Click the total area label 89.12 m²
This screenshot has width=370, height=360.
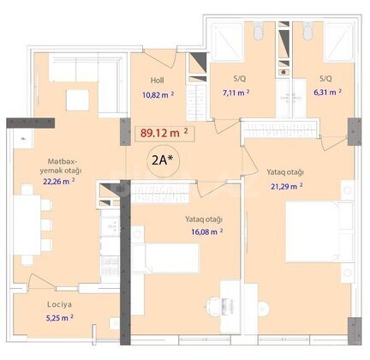point(164,133)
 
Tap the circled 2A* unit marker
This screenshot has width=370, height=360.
point(163,161)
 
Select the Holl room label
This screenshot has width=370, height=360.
point(158,81)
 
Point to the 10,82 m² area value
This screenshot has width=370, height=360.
point(158,94)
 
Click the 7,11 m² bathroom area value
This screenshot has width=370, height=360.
point(236,93)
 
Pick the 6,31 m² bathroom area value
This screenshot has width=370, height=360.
point(327,92)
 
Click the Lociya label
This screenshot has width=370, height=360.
point(59,304)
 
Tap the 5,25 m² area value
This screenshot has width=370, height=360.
point(60,318)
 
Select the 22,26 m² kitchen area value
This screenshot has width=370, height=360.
point(59,181)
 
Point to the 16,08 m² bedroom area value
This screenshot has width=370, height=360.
point(207,231)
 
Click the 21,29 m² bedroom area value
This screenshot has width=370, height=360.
point(287,186)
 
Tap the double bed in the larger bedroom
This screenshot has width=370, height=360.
point(319,231)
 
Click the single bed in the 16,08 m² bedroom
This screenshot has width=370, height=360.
point(165,259)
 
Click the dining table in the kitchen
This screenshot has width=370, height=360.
point(27,225)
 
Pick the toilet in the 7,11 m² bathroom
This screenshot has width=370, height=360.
point(258,31)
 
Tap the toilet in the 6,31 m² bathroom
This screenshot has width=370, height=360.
point(308,31)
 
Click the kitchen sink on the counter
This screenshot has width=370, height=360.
point(110,226)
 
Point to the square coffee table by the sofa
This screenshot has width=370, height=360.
point(78,100)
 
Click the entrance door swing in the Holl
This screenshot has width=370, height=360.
point(161,59)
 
